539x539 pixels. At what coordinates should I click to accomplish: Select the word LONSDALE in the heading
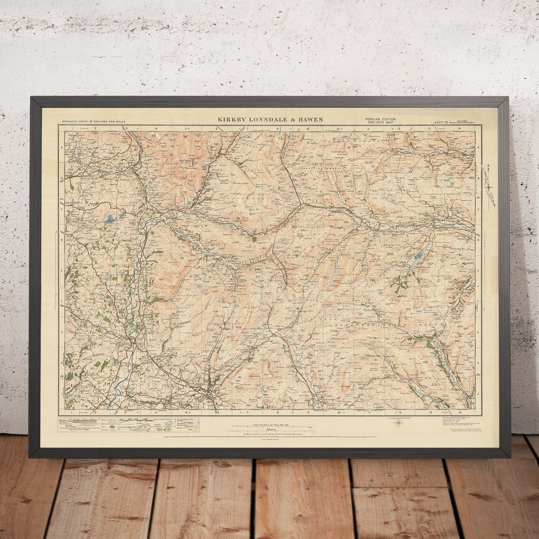(269, 120)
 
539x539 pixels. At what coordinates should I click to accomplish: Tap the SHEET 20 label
(442, 122)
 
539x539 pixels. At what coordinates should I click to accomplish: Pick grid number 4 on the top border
(156, 129)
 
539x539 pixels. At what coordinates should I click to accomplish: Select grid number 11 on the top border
(368, 129)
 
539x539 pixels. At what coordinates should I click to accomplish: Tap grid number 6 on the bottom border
(218, 413)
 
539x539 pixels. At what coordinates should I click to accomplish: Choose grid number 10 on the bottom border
(338, 413)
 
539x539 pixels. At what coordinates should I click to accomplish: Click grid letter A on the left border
(62, 148)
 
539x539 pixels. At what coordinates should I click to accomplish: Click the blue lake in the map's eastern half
(419, 256)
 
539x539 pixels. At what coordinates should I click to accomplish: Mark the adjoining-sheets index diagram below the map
(398, 423)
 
